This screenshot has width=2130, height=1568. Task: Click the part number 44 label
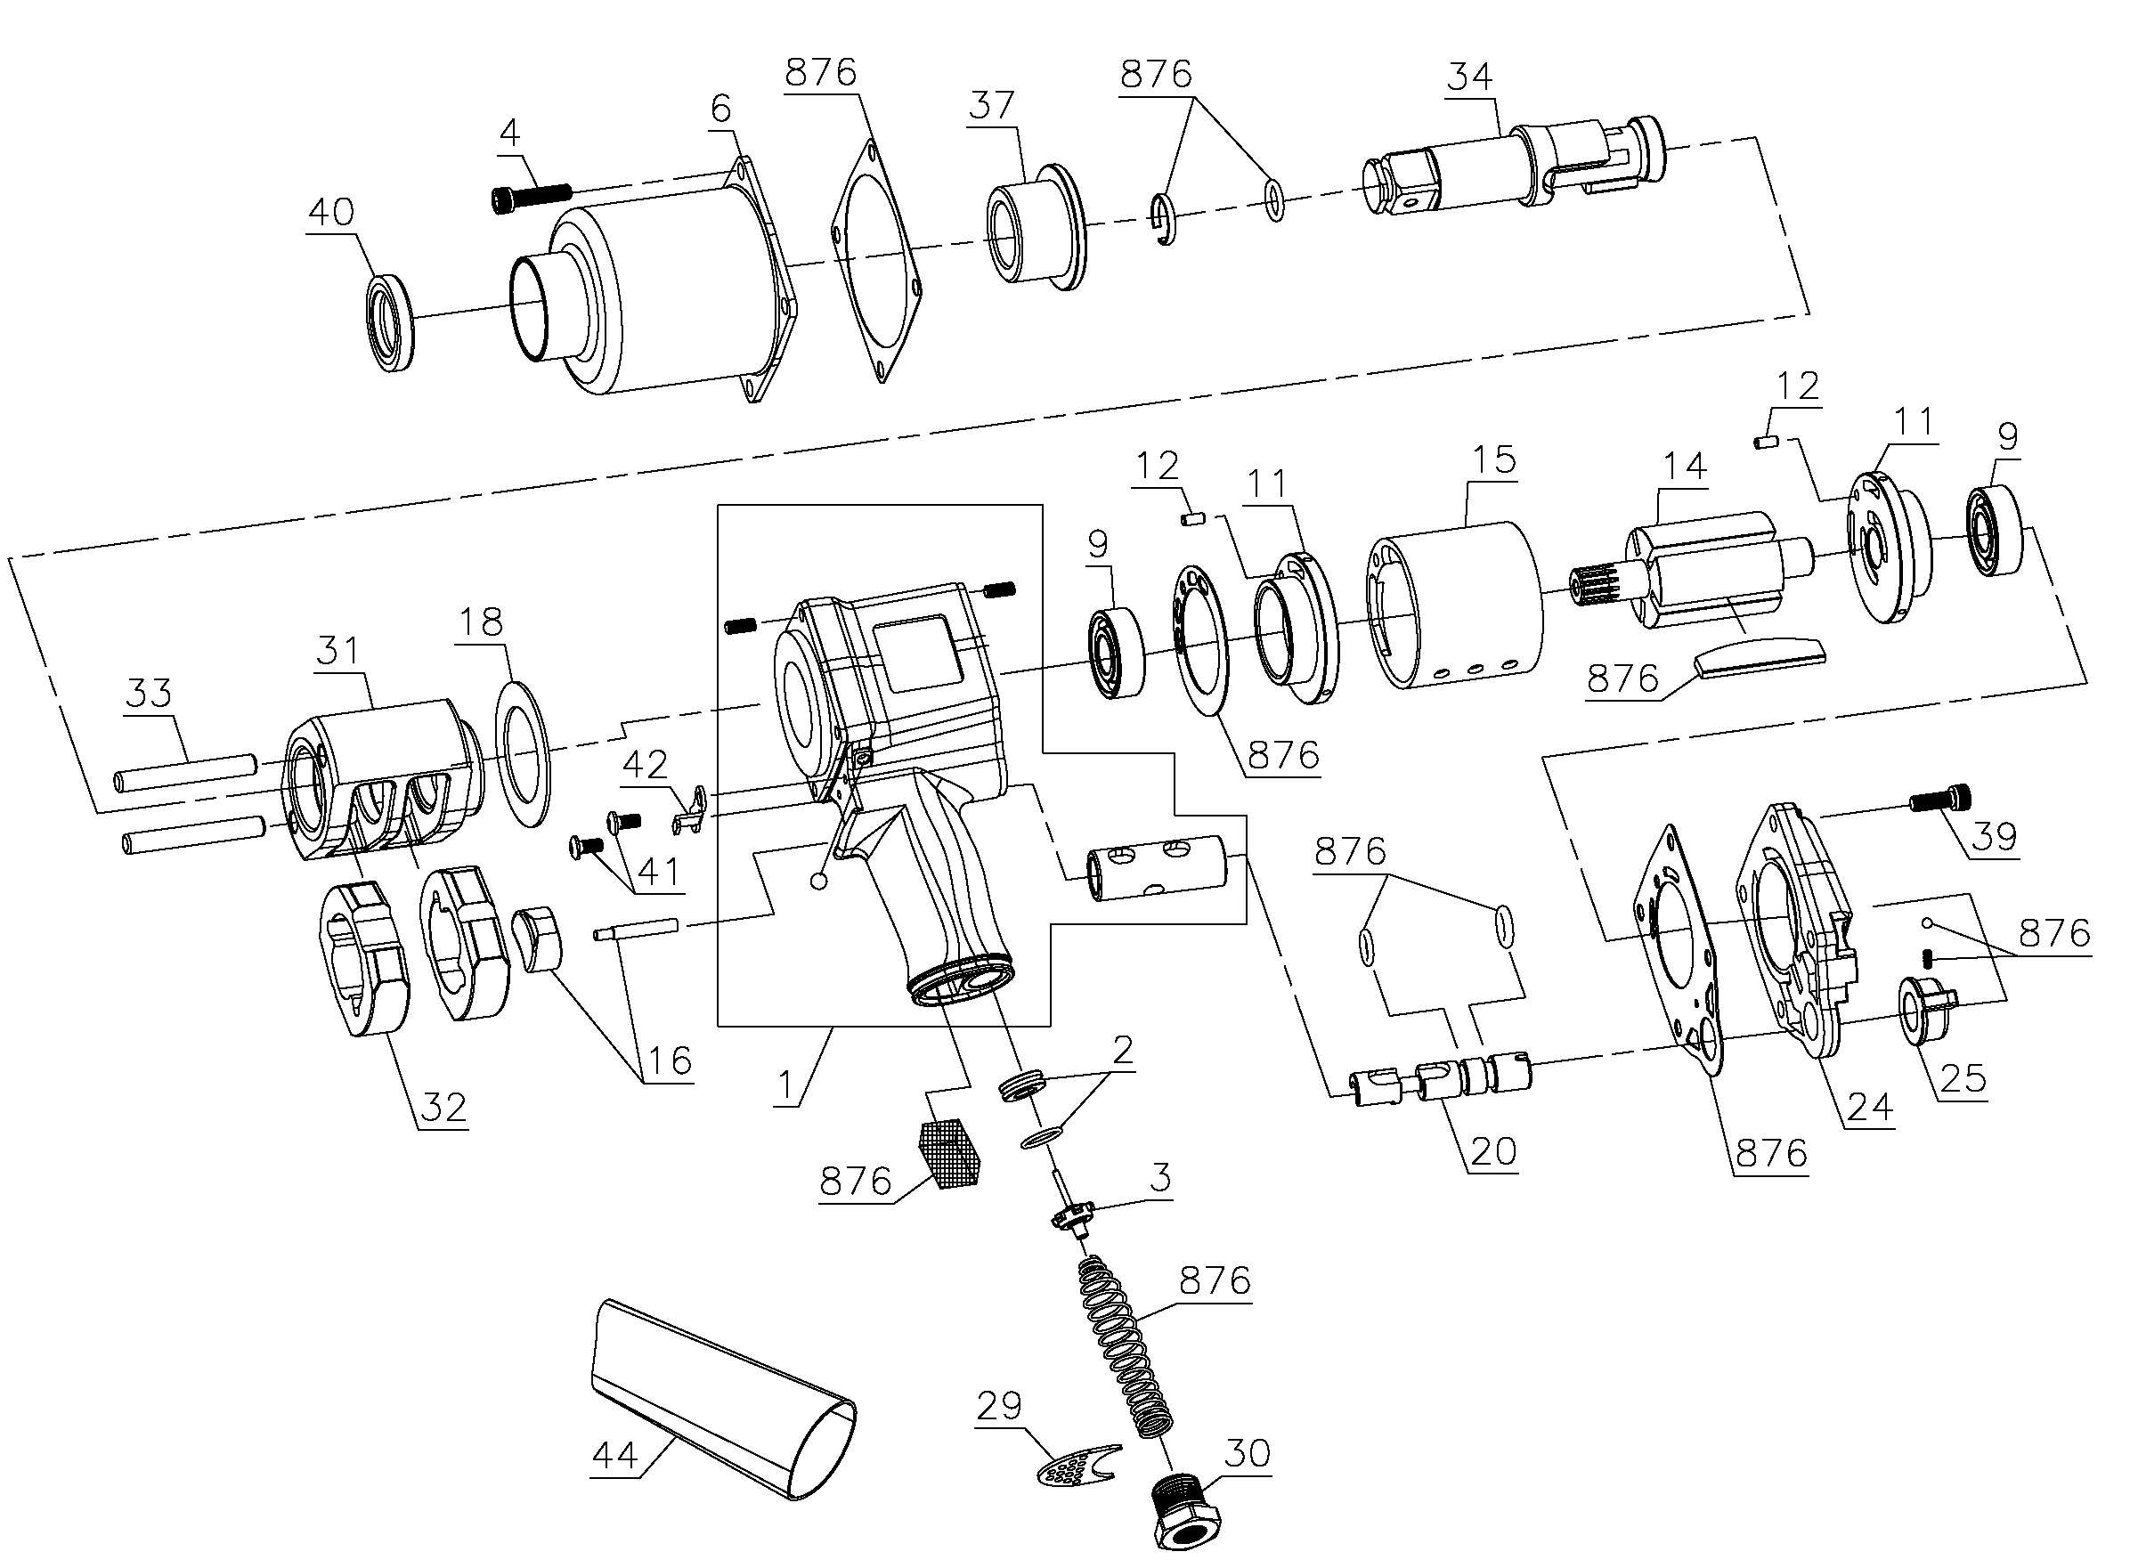coord(614,1454)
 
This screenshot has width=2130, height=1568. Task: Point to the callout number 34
coord(1469,77)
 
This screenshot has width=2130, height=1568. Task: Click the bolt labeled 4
coord(532,197)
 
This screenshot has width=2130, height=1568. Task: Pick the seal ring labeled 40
coord(390,321)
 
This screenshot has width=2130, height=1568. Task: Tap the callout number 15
coord(1493,460)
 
